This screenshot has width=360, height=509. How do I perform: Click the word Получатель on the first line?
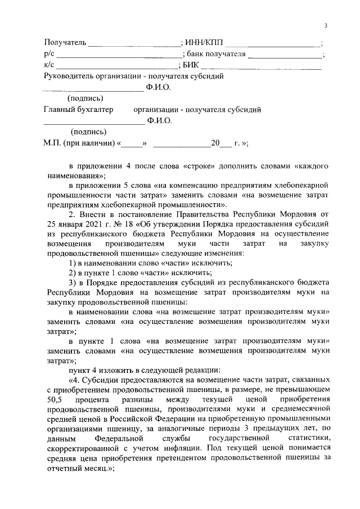[65, 43]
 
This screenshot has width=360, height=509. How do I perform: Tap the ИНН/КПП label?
[203, 43]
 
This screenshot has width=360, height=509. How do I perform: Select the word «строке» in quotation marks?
[197, 166]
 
